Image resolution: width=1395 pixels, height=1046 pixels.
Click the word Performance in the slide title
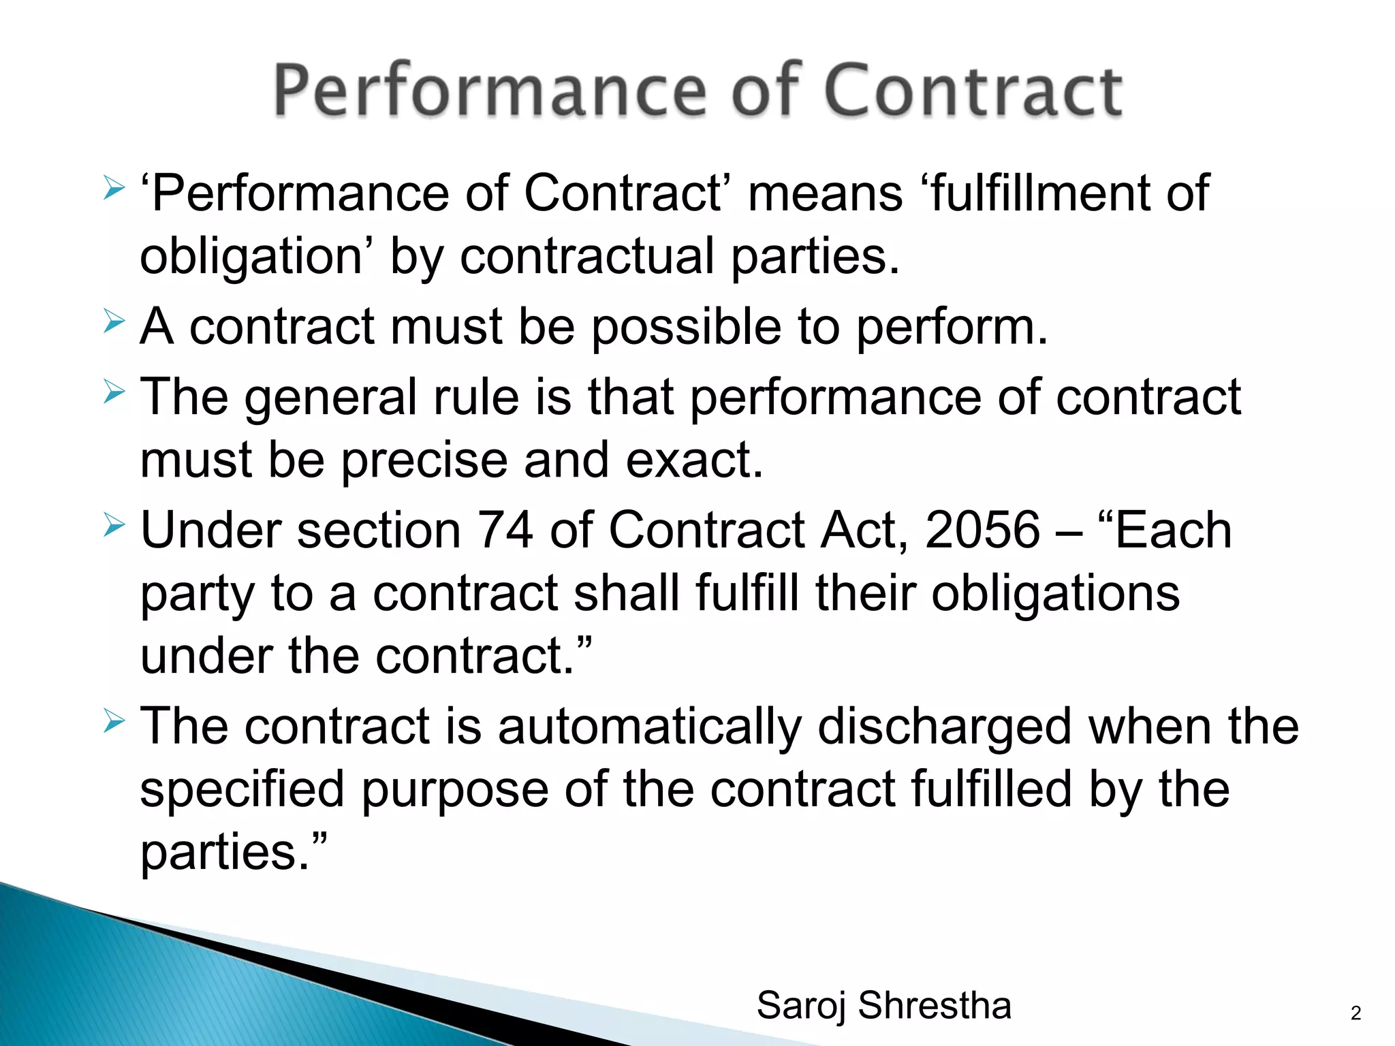pos(490,91)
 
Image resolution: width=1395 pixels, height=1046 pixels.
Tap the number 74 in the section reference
pos(505,530)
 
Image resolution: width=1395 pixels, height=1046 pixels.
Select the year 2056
pos(982,530)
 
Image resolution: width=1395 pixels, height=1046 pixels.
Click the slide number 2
pos(1355,1013)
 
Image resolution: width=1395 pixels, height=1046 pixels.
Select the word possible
pos(685,328)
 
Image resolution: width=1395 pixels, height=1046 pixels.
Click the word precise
pos(424,460)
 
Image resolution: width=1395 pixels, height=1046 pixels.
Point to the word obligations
pos(1055,594)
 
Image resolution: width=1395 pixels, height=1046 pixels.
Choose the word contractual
pos(587,257)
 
